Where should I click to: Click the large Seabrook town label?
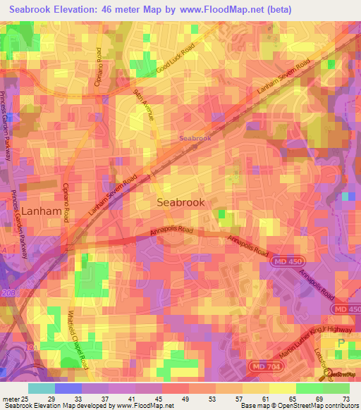point(180,202)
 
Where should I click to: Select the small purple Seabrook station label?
point(195,139)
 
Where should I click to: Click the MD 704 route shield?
point(262,366)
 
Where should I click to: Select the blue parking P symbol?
point(342,344)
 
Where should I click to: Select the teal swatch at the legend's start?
point(41,388)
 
